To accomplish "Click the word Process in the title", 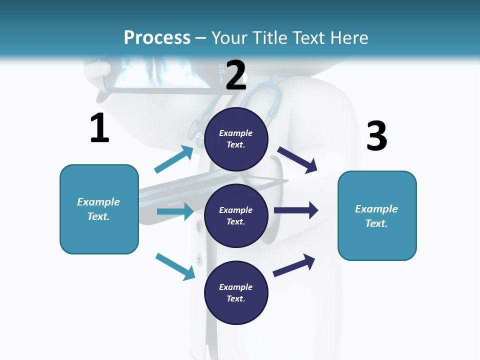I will (x=157, y=37).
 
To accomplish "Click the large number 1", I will (x=99, y=128).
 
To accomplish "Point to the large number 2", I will (x=236, y=75).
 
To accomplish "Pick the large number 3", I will (x=376, y=136).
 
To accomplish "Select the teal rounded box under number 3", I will (x=377, y=240).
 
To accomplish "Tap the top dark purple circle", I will (x=236, y=120).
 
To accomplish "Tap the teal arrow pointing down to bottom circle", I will (x=175, y=266).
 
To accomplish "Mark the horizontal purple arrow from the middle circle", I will (x=295, y=210).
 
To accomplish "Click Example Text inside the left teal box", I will (x=98, y=209).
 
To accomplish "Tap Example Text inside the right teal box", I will (x=376, y=216).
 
